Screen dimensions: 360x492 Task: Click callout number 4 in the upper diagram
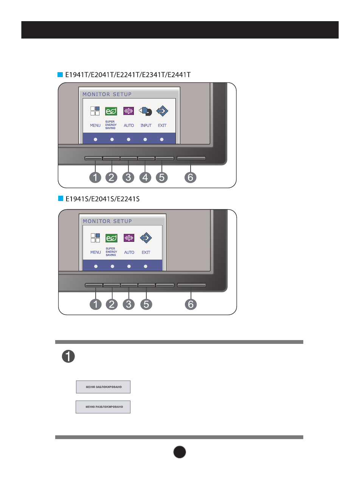[145, 177]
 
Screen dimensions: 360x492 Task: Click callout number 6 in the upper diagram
[191, 177]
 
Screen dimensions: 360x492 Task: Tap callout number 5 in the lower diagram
[146, 304]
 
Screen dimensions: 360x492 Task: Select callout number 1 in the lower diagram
[96, 304]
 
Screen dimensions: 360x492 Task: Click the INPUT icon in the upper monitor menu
[146, 111]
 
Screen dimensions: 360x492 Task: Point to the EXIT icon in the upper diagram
[162, 111]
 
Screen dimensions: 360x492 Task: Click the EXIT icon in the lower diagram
[146, 238]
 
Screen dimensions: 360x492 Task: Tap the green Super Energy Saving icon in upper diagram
[111, 111]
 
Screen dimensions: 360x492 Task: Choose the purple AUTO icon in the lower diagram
[129, 238]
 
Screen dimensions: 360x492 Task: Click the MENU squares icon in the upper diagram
[95, 111]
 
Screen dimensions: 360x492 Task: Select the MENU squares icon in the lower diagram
[95, 238]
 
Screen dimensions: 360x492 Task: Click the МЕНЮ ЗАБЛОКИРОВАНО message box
[103, 387]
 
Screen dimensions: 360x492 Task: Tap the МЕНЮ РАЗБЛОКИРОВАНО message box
[103, 407]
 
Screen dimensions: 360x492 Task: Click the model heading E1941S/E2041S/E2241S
[102, 199]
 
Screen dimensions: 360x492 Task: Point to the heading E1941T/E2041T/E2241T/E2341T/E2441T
[128, 75]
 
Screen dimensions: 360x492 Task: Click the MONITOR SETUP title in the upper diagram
[107, 94]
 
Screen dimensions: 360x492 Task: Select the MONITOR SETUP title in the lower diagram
[107, 221]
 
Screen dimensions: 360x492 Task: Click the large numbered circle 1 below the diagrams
[68, 356]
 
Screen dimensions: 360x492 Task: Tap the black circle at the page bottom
[180, 452]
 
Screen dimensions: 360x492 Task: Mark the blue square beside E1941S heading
[60, 199]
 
